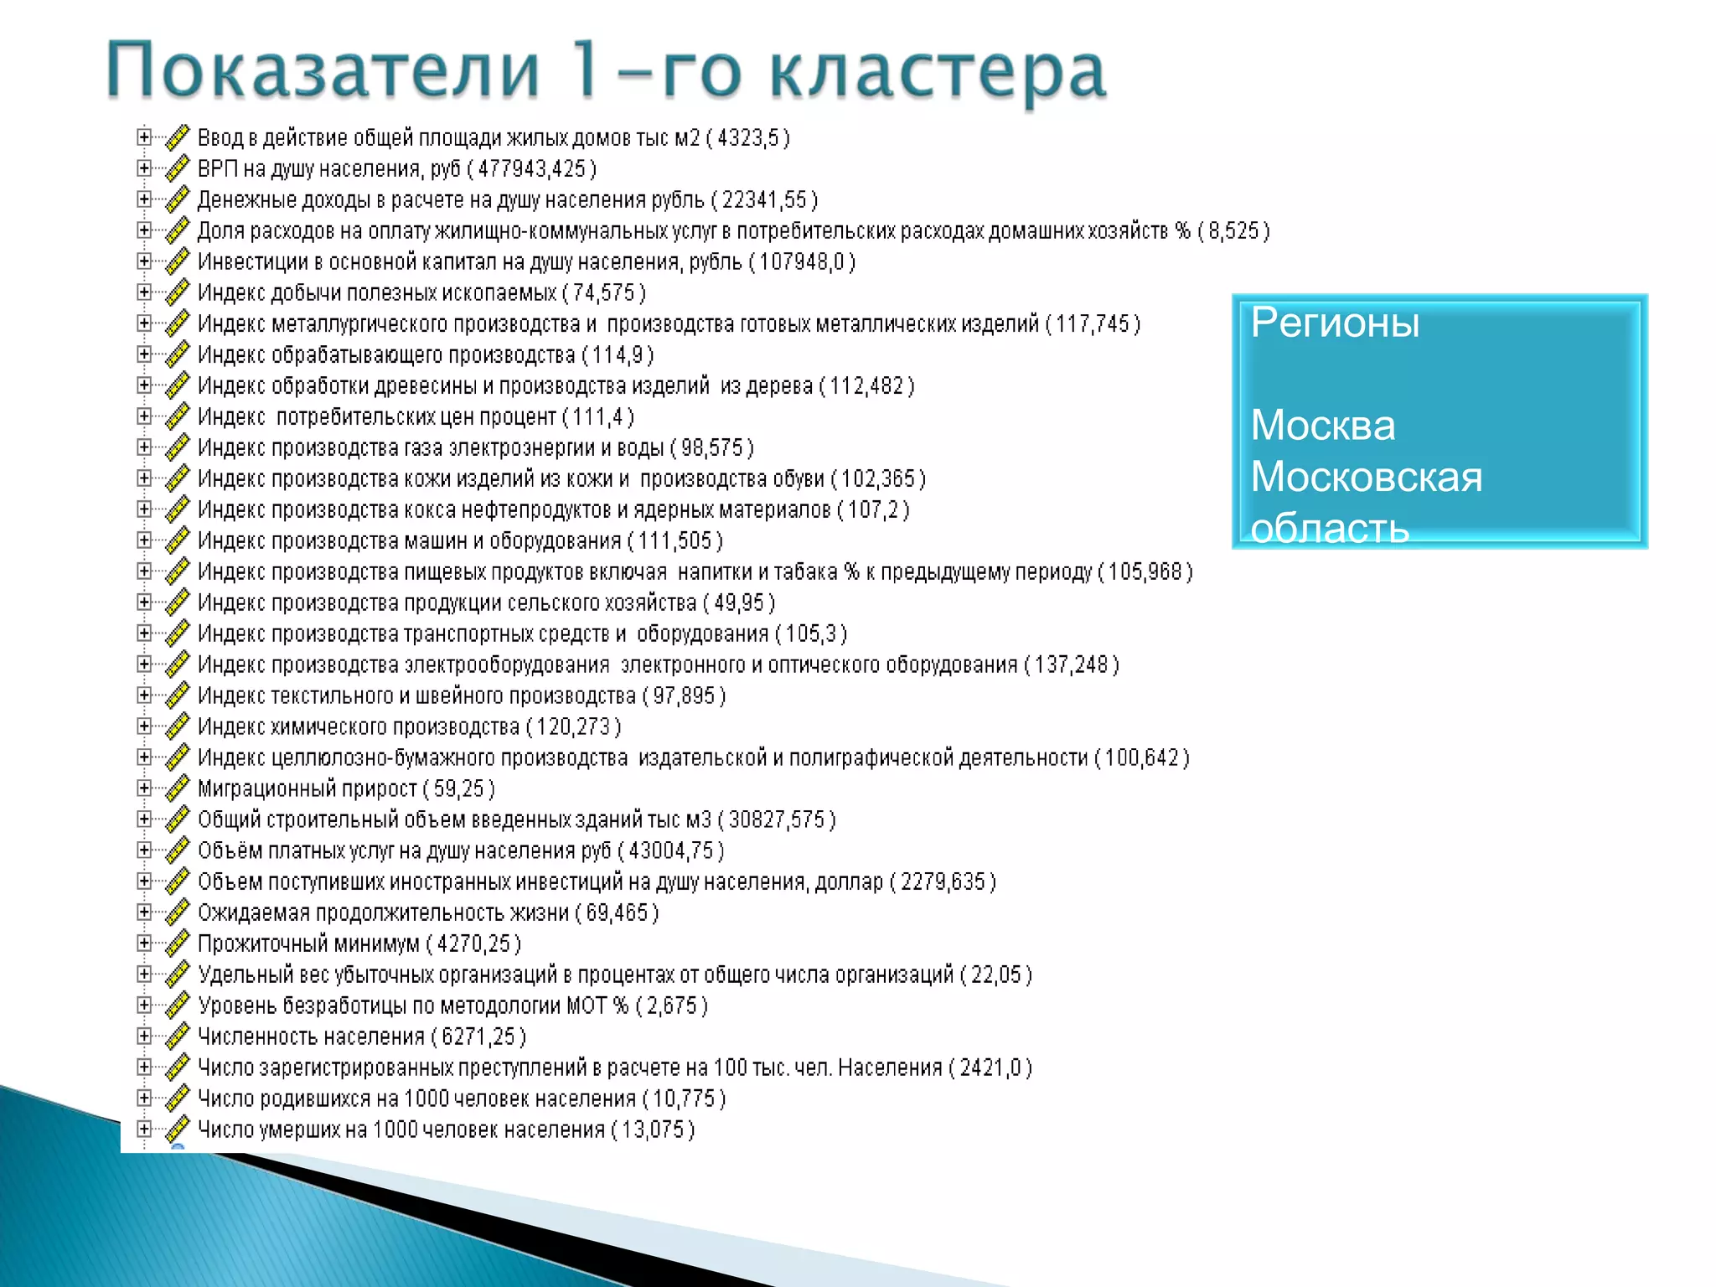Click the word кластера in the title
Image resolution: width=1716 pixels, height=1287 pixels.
pos(938,72)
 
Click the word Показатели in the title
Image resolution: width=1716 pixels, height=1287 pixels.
pos(323,70)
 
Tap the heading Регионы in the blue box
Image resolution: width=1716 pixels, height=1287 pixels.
pos(1335,323)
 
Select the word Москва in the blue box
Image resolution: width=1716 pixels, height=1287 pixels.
pos(1323,426)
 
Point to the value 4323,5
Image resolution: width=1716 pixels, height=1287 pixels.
pos(747,138)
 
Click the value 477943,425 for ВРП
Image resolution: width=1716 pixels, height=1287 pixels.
pos(531,169)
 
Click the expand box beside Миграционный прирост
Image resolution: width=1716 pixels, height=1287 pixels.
pos(144,788)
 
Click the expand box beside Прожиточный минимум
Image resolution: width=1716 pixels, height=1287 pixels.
pos(144,943)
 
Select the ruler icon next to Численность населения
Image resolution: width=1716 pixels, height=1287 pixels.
pos(177,1036)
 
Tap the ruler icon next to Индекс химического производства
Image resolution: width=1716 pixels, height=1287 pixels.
pos(177,726)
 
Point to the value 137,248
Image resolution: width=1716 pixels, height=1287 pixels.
pos(1071,665)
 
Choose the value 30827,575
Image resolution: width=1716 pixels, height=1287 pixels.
pos(777,819)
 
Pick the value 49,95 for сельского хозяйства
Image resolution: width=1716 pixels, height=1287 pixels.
pos(739,603)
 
